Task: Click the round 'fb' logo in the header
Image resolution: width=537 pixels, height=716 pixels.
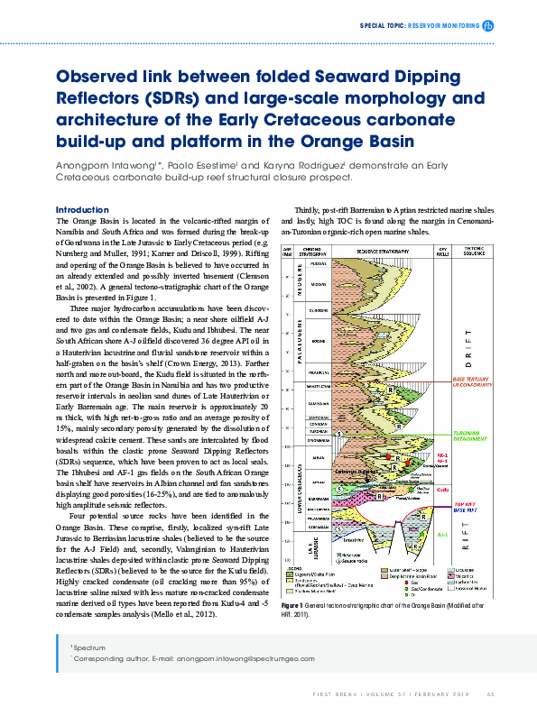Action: point(488,26)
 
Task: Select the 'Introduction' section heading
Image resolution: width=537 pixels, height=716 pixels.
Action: point(81,210)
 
